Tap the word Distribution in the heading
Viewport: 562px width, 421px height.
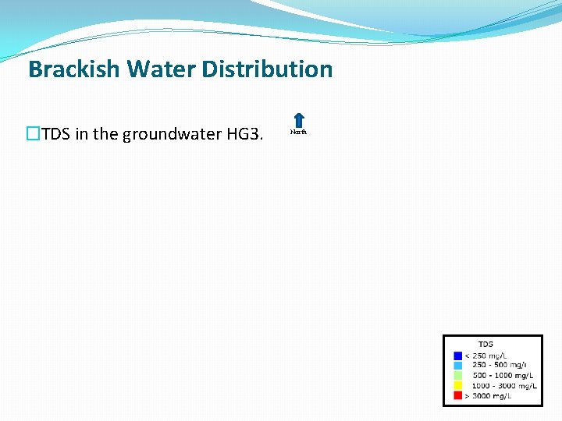pyautogui.click(x=268, y=69)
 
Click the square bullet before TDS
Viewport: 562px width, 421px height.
pyautogui.click(x=33, y=134)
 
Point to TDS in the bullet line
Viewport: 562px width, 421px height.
pyautogui.click(x=55, y=134)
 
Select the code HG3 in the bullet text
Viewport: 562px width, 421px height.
pyautogui.click(x=243, y=134)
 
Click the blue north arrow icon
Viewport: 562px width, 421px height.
pyautogui.click(x=298, y=120)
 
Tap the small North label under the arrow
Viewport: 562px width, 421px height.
pyautogui.click(x=298, y=132)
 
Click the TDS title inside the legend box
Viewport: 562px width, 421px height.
pyautogui.click(x=486, y=344)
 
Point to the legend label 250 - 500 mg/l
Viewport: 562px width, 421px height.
pyautogui.click(x=496, y=365)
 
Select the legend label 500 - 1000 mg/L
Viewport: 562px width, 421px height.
pyautogui.click(x=500, y=375)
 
